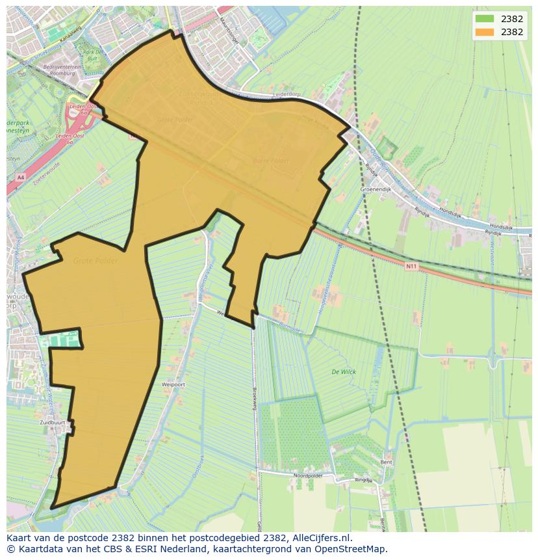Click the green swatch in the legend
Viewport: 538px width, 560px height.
pyautogui.click(x=484, y=18)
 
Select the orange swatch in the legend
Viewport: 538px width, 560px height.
pyautogui.click(x=484, y=32)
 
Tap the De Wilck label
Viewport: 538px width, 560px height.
pyautogui.click(x=343, y=372)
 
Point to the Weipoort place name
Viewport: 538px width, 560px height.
pyautogui.click(x=173, y=384)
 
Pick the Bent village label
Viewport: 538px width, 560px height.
pyautogui.click(x=387, y=462)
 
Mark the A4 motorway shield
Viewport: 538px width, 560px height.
pyautogui.click(x=20, y=177)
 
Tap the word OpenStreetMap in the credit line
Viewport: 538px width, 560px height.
pyautogui.click(x=348, y=549)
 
